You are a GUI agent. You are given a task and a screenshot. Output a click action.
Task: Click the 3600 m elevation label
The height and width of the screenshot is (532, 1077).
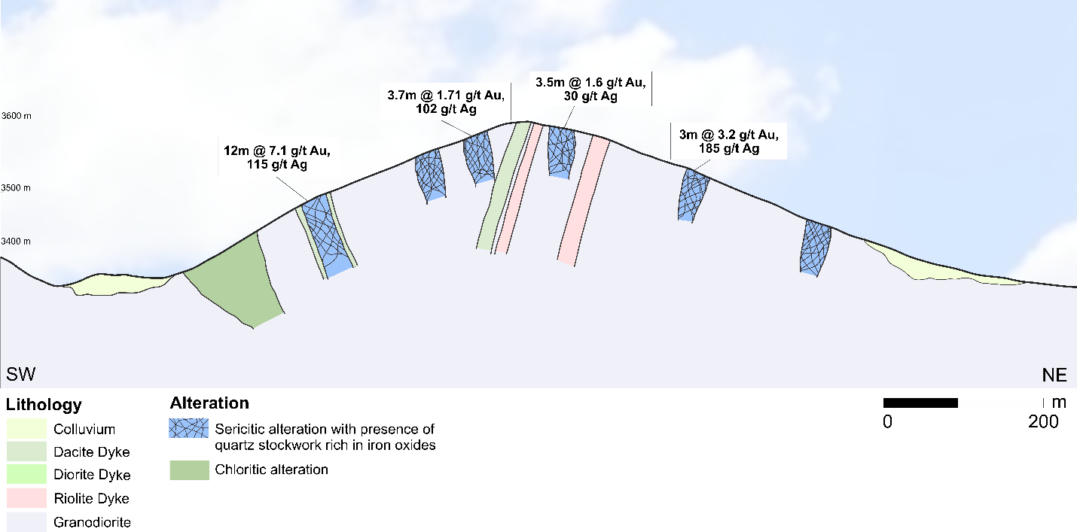[x=15, y=117]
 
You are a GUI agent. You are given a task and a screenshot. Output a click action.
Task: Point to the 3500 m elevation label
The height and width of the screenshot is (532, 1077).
[x=15, y=188]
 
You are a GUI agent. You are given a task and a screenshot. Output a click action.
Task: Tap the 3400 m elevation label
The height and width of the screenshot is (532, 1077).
[x=15, y=242]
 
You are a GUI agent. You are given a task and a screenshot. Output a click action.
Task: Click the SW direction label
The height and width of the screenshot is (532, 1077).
[x=21, y=375]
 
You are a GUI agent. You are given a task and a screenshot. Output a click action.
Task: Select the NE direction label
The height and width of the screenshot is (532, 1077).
[x=1054, y=375]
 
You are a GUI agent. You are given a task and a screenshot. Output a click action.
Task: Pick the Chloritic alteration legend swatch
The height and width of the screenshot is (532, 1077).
[x=188, y=470]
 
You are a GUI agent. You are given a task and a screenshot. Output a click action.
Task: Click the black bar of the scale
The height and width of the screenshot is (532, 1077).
[x=920, y=403]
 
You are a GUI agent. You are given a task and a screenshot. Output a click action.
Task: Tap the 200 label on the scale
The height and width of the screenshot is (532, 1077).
[x=1043, y=422]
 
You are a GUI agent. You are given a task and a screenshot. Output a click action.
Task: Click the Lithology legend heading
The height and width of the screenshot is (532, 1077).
[x=44, y=406]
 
